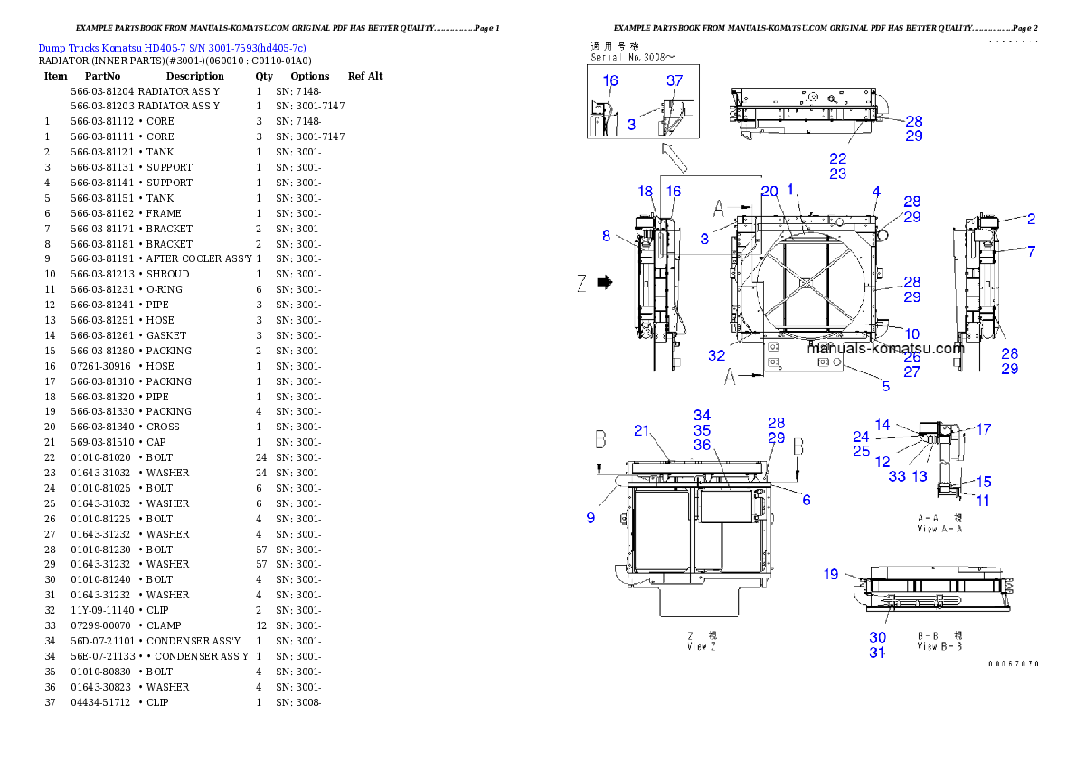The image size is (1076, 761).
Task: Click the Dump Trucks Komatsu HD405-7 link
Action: point(172,48)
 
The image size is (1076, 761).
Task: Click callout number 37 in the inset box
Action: point(675,80)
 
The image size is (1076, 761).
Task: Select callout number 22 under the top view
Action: point(838,158)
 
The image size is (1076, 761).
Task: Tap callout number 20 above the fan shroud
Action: point(769,191)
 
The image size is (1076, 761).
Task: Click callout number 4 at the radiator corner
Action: point(876,191)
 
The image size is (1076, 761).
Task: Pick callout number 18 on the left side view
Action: point(645,192)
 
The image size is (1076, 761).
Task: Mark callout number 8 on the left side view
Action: point(606,237)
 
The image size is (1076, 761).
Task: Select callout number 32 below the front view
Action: point(716,355)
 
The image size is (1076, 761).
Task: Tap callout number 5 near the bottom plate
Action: point(885,386)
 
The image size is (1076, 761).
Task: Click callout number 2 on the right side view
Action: point(1031,218)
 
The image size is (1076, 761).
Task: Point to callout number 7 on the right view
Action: point(1031,250)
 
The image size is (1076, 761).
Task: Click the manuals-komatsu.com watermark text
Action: point(886,349)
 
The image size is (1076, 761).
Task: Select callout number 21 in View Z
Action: point(641,430)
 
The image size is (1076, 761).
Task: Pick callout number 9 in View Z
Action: point(590,518)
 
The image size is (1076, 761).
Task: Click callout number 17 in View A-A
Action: point(983,430)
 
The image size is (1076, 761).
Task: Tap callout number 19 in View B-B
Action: point(831,574)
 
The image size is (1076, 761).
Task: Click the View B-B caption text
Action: point(939,641)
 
